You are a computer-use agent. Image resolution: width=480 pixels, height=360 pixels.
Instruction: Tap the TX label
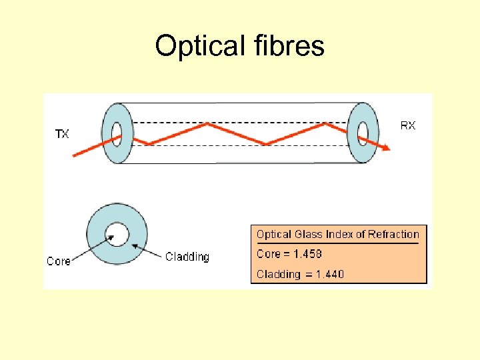(61, 135)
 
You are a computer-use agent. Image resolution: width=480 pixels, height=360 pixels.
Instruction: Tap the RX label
(407, 125)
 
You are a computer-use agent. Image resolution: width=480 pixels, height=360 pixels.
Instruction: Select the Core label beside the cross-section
(59, 261)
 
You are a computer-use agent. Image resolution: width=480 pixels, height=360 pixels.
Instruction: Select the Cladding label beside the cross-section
(187, 257)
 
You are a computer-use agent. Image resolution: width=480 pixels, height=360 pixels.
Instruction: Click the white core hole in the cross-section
(117, 234)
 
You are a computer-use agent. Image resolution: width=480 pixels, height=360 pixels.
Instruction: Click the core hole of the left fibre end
(117, 131)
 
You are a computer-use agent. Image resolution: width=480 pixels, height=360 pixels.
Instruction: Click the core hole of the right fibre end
(363, 131)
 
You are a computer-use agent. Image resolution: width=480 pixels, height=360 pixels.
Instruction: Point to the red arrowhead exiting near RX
(386, 147)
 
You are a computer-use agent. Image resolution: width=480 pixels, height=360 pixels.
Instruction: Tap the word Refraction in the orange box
(392, 234)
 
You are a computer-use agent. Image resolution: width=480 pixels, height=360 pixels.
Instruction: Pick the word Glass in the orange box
(307, 234)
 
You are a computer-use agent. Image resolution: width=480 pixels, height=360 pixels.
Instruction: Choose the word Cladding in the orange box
(279, 274)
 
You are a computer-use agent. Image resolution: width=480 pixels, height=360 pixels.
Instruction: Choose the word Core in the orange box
(268, 254)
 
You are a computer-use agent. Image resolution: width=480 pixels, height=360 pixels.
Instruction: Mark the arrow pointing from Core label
(91, 245)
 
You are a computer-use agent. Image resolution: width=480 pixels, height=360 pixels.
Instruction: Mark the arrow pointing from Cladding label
(147, 251)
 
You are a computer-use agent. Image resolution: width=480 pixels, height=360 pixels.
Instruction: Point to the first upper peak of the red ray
(209, 123)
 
